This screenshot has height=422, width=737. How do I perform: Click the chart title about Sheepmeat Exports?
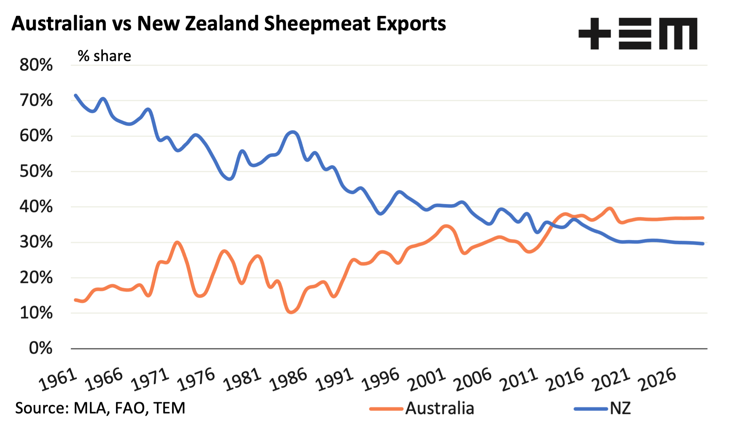[229, 24]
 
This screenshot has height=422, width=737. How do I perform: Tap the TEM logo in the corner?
[638, 34]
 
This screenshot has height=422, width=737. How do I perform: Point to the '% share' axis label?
[104, 56]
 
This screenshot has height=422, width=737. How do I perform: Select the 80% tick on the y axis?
[36, 65]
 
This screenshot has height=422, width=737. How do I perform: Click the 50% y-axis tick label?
[36, 171]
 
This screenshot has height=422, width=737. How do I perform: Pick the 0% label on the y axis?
[41, 348]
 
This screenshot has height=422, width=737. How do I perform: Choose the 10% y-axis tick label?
[36, 313]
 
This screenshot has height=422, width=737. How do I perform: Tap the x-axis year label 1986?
[288, 380]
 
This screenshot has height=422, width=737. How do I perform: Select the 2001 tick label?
[427, 380]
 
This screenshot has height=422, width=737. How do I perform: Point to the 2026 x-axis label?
[657, 380]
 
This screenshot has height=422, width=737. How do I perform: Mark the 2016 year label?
[565, 380]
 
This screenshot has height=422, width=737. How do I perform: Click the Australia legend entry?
[439, 408]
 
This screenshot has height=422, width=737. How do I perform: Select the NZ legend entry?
[620, 408]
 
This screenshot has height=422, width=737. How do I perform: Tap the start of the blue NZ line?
[75, 95]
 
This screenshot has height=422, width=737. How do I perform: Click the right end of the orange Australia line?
[703, 218]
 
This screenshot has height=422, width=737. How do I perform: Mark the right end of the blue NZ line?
[703, 243]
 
